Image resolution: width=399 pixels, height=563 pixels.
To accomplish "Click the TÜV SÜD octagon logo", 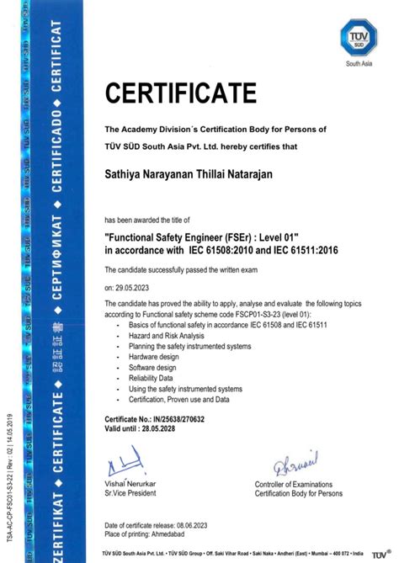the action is click(x=357, y=38).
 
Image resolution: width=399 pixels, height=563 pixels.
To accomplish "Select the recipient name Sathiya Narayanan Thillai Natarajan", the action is click(x=194, y=174).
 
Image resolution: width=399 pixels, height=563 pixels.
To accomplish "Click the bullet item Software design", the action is click(x=152, y=368).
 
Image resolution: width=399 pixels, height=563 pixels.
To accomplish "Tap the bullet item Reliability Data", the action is click(x=152, y=379).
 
